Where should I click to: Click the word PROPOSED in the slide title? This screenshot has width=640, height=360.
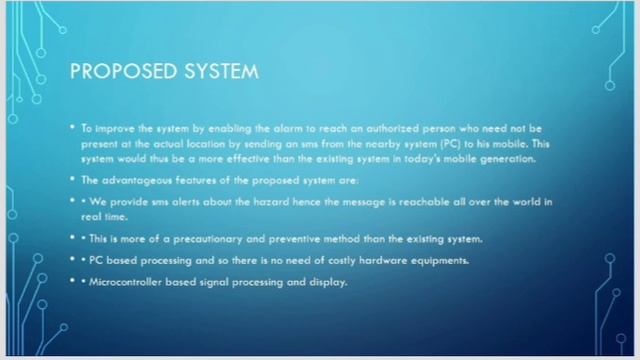coord(111,72)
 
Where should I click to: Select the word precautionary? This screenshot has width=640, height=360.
coord(199,238)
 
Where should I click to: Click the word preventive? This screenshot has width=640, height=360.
coord(277,238)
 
